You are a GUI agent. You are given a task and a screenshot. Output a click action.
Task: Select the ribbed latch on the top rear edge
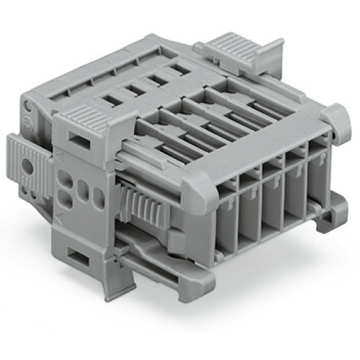230,46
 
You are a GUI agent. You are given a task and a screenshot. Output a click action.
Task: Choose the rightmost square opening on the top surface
175,71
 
